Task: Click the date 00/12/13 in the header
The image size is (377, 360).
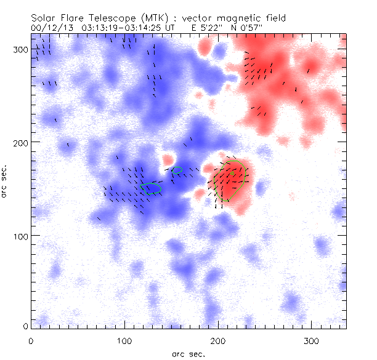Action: (49, 28)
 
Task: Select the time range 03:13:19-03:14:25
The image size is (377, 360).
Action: (124, 28)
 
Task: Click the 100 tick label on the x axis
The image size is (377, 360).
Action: (124, 340)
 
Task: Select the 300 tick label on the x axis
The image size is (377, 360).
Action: (311, 340)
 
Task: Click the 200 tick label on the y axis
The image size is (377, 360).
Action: (20, 143)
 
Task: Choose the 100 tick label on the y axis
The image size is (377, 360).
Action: (20, 236)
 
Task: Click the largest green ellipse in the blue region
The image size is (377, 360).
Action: (151, 188)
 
